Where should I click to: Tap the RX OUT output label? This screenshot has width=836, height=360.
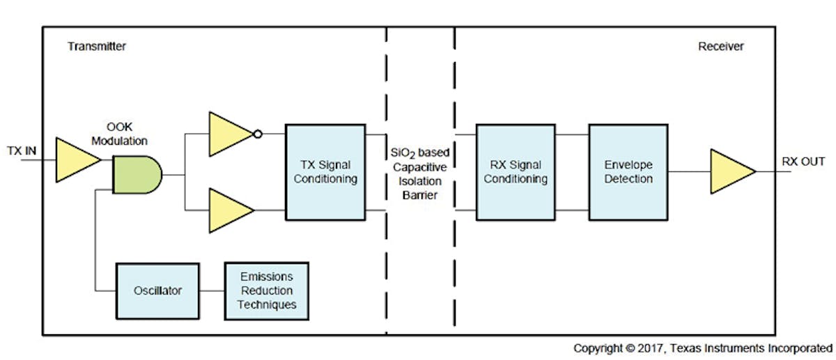coord(803,161)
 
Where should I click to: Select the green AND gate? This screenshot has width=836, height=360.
coord(137,174)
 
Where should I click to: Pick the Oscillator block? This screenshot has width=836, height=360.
coord(157,290)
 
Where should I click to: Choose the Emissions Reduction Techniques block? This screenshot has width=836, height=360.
coord(266,290)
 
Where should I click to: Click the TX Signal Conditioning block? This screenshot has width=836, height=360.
coord(325,171)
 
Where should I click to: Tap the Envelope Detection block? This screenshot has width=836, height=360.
coord(628,171)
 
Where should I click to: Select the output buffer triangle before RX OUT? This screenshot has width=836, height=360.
coord(729,171)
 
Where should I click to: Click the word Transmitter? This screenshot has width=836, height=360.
coord(97,47)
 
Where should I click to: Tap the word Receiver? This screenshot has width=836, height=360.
coord(720,47)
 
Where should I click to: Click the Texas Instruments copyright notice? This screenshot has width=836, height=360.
coord(702,347)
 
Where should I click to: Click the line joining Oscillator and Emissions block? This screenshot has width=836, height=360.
coord(212,290)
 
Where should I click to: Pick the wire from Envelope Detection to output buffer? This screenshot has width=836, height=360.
coord(688,171)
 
